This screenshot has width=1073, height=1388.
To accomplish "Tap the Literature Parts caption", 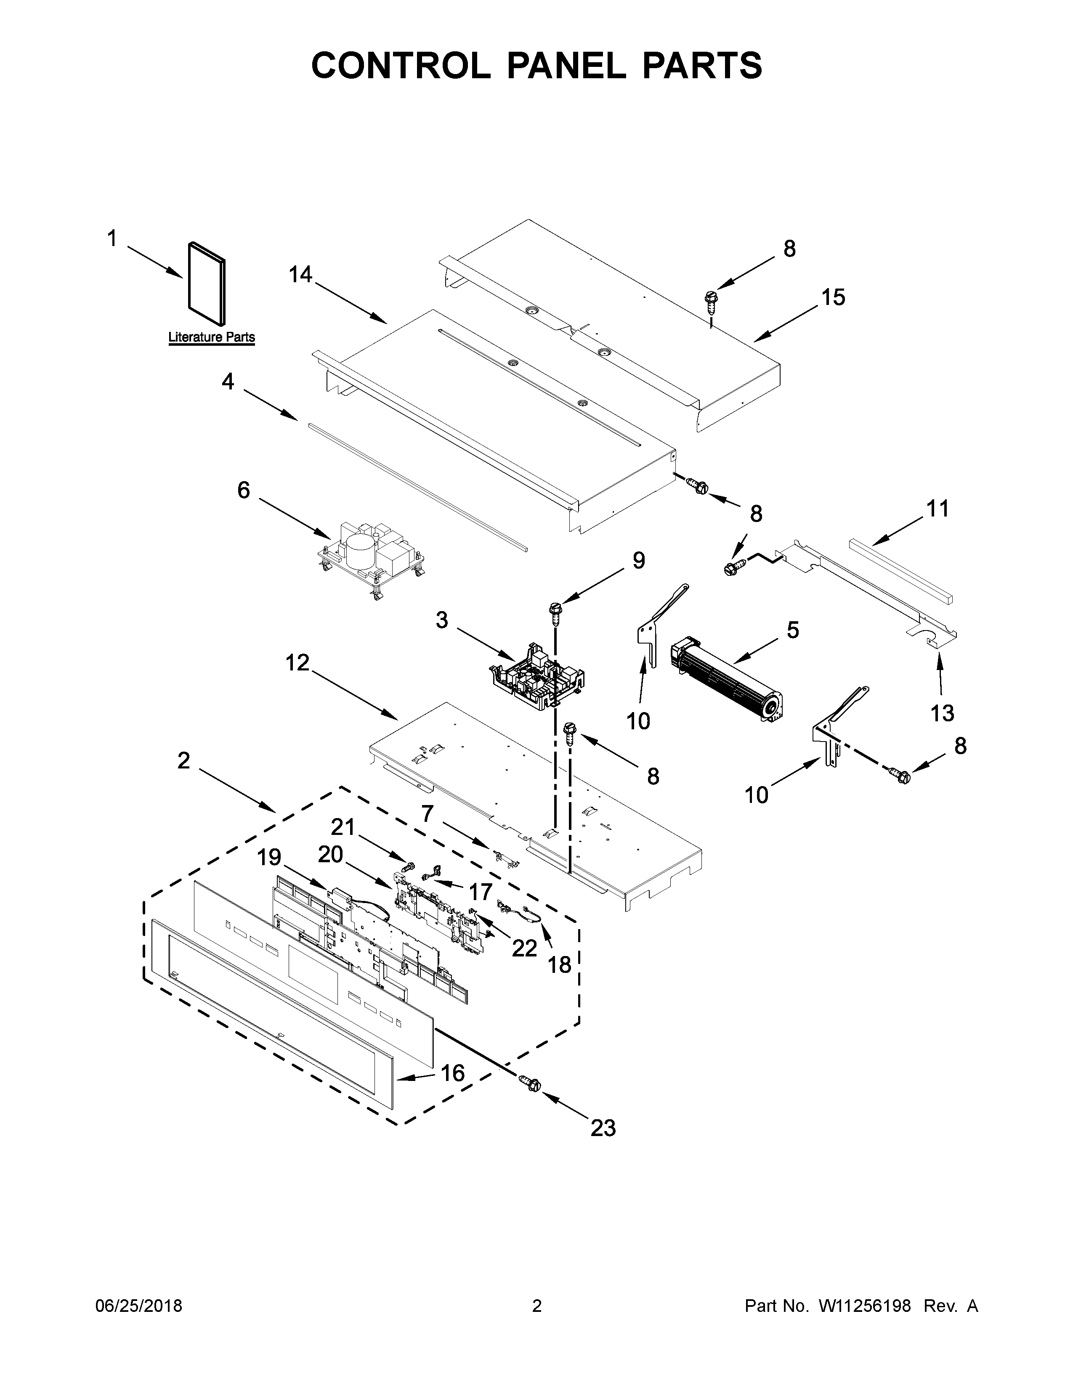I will [x=211, y=337].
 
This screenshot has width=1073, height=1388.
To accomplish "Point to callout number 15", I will [x=833, y=297].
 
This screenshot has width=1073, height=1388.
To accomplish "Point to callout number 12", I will [x=297, y=663].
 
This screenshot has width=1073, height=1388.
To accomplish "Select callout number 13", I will [x=942, y=713].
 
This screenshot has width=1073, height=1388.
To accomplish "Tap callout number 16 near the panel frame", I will [x=453, y=1073].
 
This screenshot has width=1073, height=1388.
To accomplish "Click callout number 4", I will [x=228, y=381].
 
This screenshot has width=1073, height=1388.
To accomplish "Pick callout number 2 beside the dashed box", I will [x=184, y=760].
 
